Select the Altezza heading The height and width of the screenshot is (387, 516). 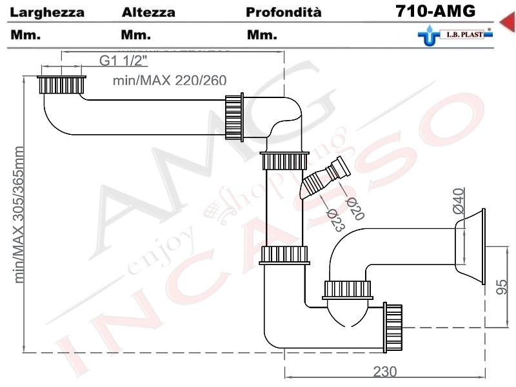coord(148,13)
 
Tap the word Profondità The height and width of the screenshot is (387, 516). coord(283,13)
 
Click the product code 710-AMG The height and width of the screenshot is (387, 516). coord(436,12)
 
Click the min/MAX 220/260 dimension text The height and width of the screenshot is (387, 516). coord(169,81)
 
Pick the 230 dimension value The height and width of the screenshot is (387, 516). coord(384,372)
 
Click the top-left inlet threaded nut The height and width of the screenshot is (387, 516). coord(61,85)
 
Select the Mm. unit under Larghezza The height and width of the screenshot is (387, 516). coord(26,35)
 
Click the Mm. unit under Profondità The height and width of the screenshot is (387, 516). coord(262,35)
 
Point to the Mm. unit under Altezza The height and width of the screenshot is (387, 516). coord(136,35)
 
